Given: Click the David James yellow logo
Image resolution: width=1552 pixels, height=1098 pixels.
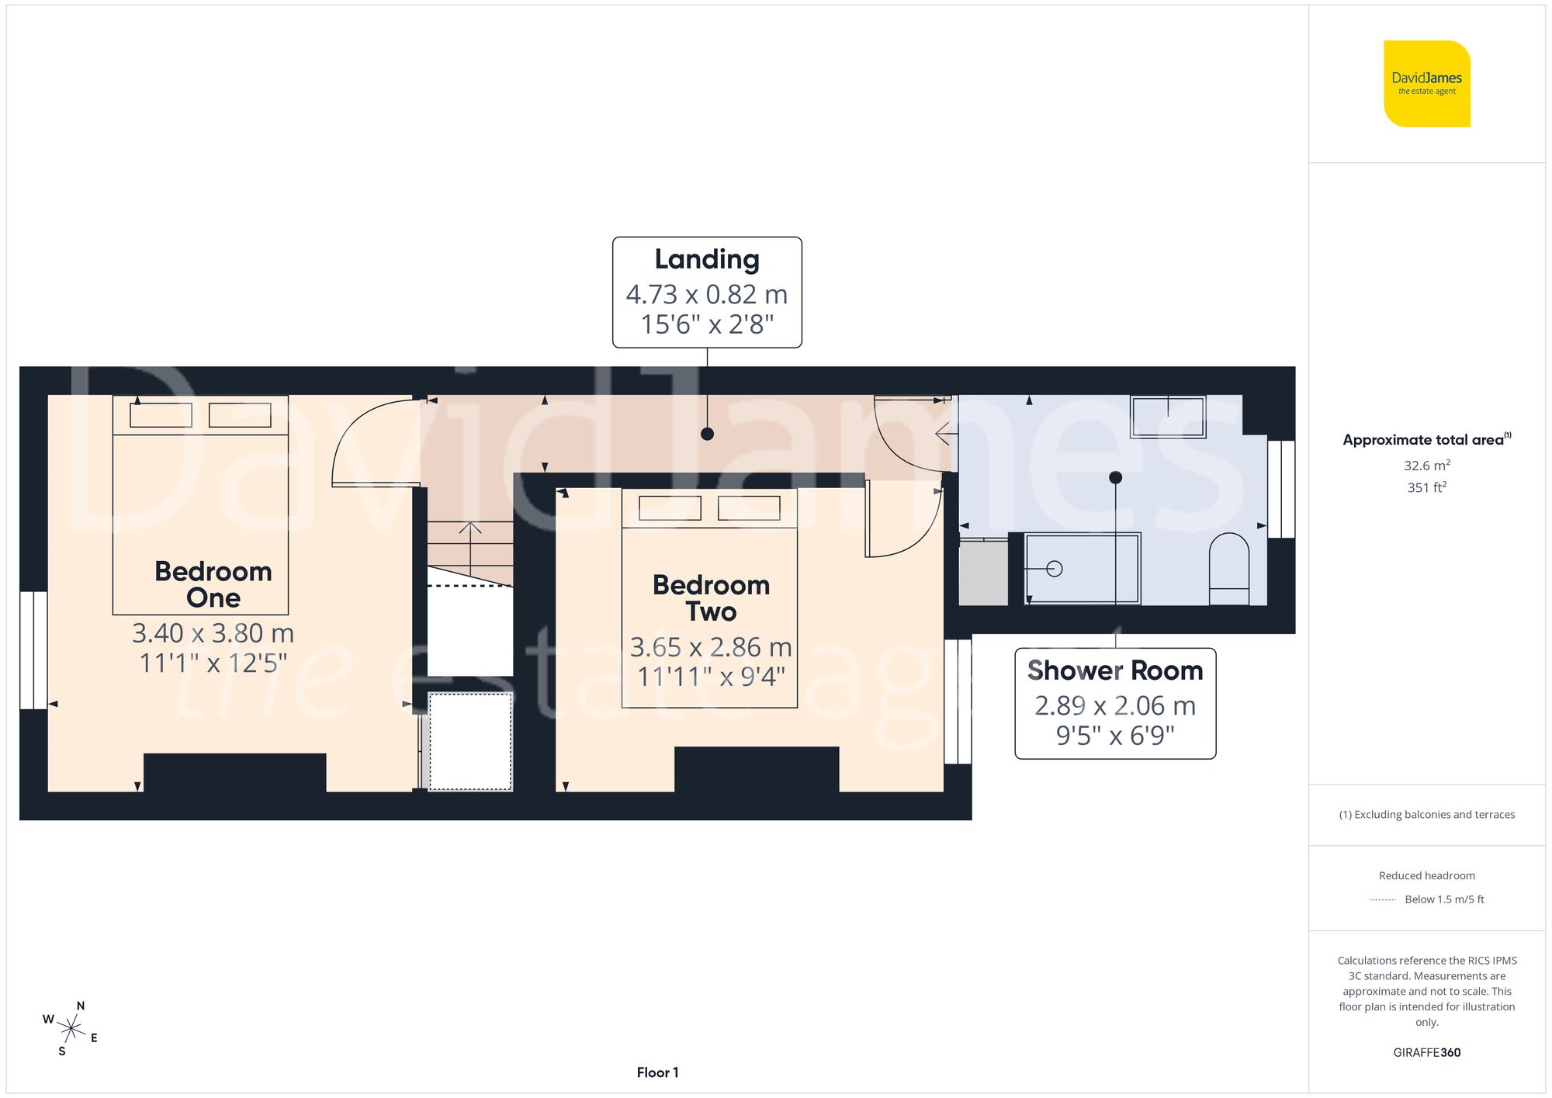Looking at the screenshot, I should [x=1426, y=84].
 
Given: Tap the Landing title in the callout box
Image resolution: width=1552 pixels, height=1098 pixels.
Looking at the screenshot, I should [x=706, y=259].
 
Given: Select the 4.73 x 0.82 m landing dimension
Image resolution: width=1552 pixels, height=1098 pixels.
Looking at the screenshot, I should [x=706, y=294].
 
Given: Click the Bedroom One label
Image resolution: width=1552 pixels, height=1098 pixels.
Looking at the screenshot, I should [x=213, y=584].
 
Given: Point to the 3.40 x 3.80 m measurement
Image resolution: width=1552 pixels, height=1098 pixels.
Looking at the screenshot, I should [x=213, y=633].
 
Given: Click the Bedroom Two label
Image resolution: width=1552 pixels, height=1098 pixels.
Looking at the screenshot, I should [x=711, y=598].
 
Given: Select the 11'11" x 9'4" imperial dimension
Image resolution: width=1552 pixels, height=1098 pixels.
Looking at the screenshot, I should [x=711, y=677].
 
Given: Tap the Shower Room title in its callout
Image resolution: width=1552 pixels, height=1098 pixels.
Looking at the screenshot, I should [x=1115, y=670].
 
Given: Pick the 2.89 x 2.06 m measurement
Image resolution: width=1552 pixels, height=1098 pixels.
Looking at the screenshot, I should [x=1115, y=705].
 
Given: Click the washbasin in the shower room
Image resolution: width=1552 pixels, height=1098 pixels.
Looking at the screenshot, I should [x=1168, y=417].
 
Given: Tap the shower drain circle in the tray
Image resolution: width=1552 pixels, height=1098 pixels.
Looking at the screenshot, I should [x=1054, y=569].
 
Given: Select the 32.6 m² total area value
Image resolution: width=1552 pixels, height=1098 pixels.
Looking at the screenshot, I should [x=1426, y=466].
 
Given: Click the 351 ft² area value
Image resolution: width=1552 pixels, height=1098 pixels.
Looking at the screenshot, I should [x=1426, y=487].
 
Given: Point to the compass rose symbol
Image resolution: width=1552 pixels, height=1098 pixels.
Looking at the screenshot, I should [x=71, y=1029].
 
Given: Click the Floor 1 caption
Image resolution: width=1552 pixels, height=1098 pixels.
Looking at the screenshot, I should [x=657, y=1072].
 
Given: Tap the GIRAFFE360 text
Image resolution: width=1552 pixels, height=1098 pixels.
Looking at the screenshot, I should [x=1426, y=1052].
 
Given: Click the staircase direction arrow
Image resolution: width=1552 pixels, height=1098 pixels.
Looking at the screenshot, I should [x=470, y=529].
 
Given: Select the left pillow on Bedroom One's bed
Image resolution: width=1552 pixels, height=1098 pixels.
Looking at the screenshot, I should [x=161, y=415].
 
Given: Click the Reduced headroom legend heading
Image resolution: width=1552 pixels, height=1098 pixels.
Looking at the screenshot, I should [x=1426, y=875].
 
